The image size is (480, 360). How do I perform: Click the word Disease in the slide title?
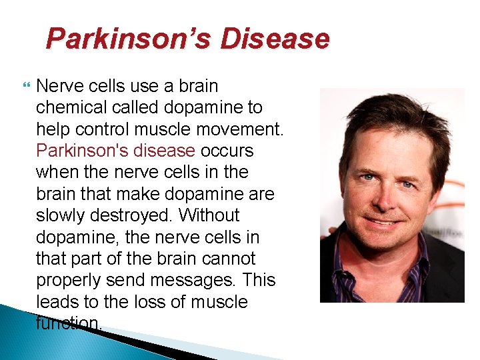(275, 39)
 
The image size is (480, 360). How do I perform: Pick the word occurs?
(227, 151)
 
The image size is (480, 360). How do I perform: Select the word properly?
(68, 280)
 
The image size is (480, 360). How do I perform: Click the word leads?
(59, 302)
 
